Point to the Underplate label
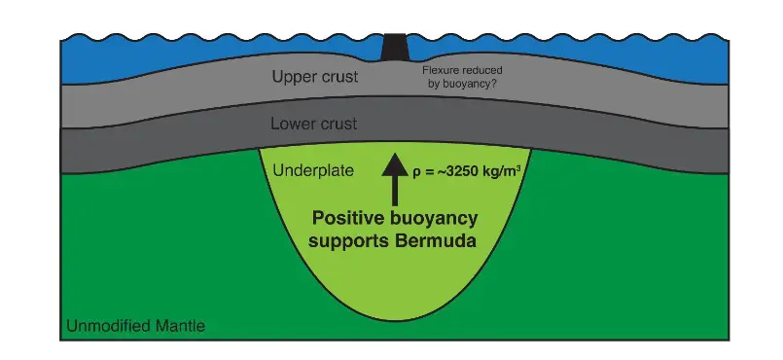[x=307, y=170]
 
